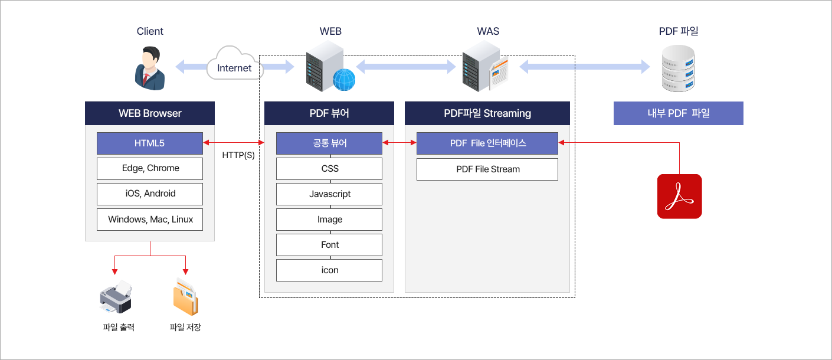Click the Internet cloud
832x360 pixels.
[235, 64]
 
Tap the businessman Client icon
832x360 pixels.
[150, 68]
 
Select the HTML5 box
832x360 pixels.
[150, 143]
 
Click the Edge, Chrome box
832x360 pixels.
[150, 169]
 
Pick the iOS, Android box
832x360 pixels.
[150, 194]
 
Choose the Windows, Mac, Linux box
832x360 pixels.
[150, 220]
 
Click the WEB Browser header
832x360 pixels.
[150, 113]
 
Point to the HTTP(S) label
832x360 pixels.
[238, 155]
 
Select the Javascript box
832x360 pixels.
[329, 194]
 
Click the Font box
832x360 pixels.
[329, 245]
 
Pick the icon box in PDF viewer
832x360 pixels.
[329, 270]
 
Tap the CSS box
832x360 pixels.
[329, 169]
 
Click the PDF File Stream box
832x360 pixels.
[487, 169]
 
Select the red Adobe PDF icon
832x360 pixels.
[679, 196]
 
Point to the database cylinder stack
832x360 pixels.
[678, 68]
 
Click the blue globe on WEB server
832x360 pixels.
[344, 80]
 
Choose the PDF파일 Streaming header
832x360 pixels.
[487, 113]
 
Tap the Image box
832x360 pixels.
[329, 220]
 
